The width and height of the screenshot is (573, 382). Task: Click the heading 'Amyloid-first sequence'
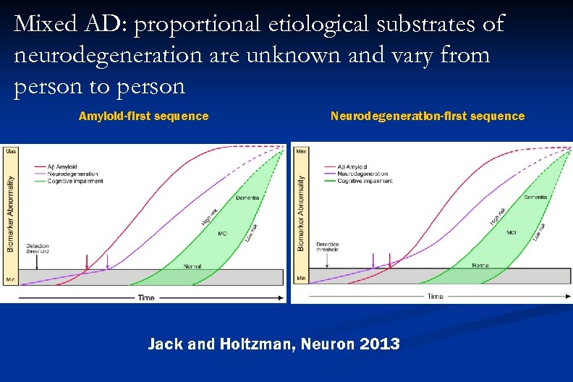pos(143,116)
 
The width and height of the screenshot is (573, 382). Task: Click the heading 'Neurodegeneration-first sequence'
pos(428,116)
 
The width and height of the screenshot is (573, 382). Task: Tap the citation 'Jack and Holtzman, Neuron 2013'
pos(273,344)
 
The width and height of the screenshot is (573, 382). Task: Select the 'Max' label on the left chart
pos(12,152)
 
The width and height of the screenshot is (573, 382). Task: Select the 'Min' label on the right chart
pos(300,277)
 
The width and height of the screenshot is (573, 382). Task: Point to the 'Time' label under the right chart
pos(435,297)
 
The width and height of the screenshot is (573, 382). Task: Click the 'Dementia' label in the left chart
pos(247,198)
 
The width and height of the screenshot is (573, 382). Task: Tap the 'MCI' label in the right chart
pos(511,232)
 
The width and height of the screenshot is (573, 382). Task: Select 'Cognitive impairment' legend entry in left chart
pos(75,181)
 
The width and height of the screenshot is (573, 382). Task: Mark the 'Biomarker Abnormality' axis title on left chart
pos(10,214)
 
